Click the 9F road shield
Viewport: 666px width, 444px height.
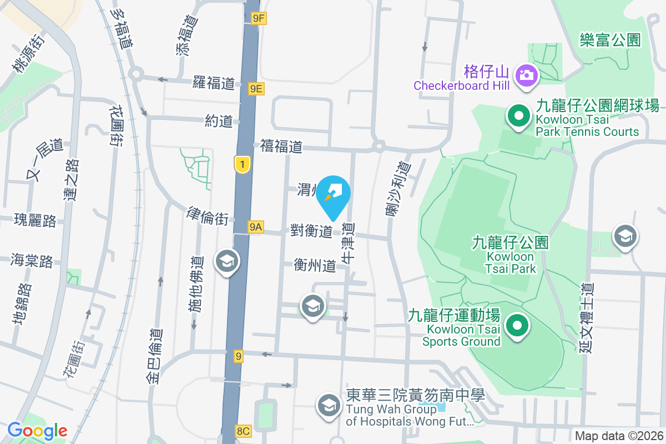click(259, 18)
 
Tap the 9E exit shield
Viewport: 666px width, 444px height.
click(256, 89)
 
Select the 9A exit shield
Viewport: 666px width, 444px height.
click(255, 227)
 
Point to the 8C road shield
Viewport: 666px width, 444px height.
click(244, 431)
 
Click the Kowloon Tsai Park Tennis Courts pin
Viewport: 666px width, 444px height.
click(519, 117)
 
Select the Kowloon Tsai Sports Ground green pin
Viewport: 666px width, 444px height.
click(518, 326)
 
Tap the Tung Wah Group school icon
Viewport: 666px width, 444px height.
click(329, 406)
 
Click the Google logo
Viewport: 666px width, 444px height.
click(37, 431)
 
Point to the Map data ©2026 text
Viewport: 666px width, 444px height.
click(619, 436)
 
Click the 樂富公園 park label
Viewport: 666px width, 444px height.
click(610, 40)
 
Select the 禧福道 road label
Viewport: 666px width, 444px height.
click(281, 147)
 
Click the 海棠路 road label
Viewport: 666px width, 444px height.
click(32, 260)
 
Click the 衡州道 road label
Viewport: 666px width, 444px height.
click(315, 266)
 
